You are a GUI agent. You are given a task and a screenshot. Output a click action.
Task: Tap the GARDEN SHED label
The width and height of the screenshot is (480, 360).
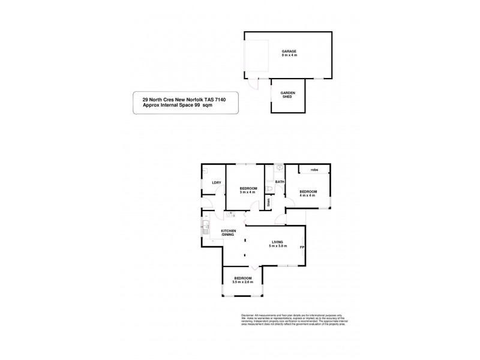click(287, 95)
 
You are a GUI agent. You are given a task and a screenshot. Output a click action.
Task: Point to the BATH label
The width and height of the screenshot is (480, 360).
click(279, 182)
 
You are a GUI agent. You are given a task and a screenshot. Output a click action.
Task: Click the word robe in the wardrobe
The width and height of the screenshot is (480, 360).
click(313, 170)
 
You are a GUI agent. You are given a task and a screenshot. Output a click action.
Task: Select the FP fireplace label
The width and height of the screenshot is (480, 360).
click(302, 247)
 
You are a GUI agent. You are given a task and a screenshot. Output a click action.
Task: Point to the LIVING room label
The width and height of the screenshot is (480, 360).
click(277, 242)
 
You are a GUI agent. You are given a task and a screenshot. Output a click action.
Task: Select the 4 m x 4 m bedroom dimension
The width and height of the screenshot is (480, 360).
click(308, 196)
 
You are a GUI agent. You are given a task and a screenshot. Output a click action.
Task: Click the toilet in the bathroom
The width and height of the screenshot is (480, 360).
click(271, 190)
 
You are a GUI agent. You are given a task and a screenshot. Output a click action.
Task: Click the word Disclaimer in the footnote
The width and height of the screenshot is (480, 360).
click(248, 315)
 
